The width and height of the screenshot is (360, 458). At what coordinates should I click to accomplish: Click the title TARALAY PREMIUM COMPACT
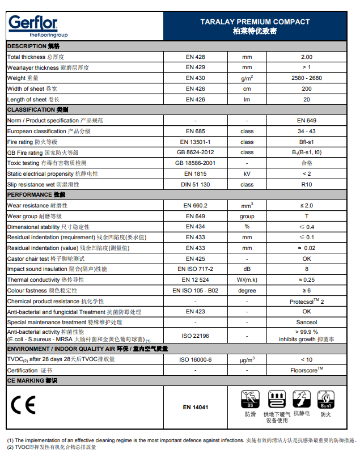pos(255,22)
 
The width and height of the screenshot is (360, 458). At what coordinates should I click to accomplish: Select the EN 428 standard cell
pos(195,57)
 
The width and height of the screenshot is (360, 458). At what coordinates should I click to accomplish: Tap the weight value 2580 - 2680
pos(306,78)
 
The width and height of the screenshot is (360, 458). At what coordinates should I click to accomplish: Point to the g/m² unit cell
pos(247,78)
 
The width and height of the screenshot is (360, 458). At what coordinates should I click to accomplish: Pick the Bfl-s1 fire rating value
pos(306,142)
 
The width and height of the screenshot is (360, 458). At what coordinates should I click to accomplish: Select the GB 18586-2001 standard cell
pos(195,163)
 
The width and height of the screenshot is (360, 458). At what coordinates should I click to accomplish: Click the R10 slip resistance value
pos(306,184)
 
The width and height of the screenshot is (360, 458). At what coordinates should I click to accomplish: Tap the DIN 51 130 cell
pos(195,184)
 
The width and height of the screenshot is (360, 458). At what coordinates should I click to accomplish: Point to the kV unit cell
pos(247,173)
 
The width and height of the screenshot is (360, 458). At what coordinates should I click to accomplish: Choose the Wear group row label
pos(34,216)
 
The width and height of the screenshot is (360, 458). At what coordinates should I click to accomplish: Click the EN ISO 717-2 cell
pos(195,269)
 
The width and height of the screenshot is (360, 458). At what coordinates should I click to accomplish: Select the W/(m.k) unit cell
pos(247,280)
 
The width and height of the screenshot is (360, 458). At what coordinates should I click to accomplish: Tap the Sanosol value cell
pos(306,323)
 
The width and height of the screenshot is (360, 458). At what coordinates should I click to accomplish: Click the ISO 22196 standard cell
pos(195,336)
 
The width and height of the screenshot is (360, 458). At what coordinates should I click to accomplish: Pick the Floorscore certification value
pos(306,370)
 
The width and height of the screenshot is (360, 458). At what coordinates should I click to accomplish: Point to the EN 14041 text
pos(195,408)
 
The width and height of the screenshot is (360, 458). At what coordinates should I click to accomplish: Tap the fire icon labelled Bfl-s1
pos(326,400)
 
